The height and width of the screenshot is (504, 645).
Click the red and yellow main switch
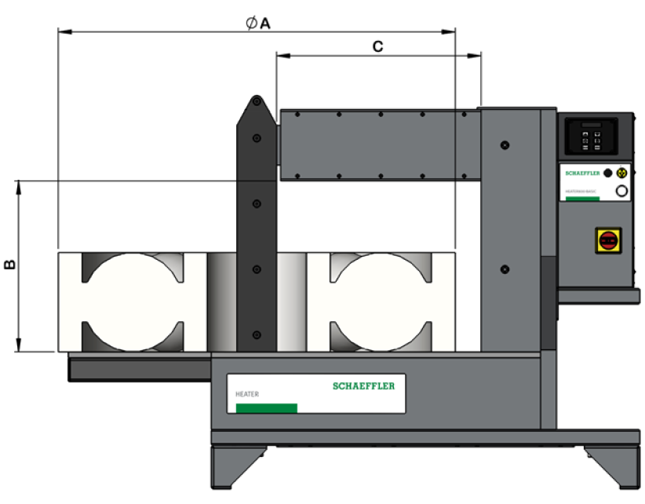coord(608,239)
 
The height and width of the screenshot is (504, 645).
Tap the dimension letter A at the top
coord(264,24)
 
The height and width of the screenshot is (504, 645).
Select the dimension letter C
coord(377,47)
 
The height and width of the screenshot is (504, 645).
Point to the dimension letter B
coord(9,265)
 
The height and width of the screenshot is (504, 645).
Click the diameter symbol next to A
coord(250,24)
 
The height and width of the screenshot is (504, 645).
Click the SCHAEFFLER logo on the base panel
coord(363,385)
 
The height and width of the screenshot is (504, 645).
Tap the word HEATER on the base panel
coord(247,394)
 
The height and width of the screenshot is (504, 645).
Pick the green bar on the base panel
coord(266,407)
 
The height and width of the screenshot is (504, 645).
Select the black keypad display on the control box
coord(592,137)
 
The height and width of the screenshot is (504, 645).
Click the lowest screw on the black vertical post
coord(256,334)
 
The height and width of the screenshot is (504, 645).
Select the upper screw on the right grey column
coord(505,145)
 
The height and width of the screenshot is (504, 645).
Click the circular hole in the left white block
coord(132,301)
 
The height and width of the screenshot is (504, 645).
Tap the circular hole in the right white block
coord(381,301)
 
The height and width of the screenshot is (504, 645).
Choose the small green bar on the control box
coord(582,198)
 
